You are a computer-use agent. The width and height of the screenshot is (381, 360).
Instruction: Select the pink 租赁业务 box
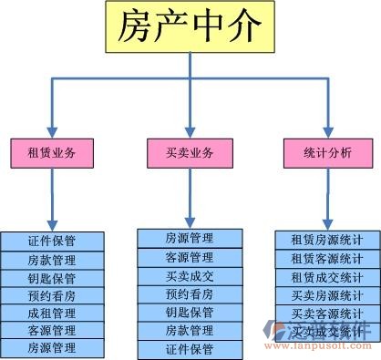pos(51,153)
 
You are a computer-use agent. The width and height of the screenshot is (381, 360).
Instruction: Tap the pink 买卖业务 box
pos(190,153)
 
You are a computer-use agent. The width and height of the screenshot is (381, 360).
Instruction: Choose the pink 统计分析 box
pos(327,153)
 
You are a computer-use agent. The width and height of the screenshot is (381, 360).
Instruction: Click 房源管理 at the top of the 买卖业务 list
pos(190,238)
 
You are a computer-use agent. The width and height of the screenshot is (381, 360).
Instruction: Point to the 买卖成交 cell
pos(190,275)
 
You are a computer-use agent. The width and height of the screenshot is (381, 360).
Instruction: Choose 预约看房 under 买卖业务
pos(190,293)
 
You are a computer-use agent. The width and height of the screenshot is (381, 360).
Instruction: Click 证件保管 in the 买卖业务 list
pos(190,349)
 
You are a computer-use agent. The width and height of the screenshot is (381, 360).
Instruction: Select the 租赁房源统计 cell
pos(327,240)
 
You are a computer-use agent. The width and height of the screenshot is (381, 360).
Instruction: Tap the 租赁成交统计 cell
pos(327,277)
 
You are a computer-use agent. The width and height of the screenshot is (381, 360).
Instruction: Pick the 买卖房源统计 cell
pos(327,295)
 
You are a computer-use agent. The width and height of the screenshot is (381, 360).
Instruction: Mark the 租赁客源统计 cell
pos(327,259)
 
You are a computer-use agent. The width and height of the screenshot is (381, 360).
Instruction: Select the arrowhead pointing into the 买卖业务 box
pos(190,131)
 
